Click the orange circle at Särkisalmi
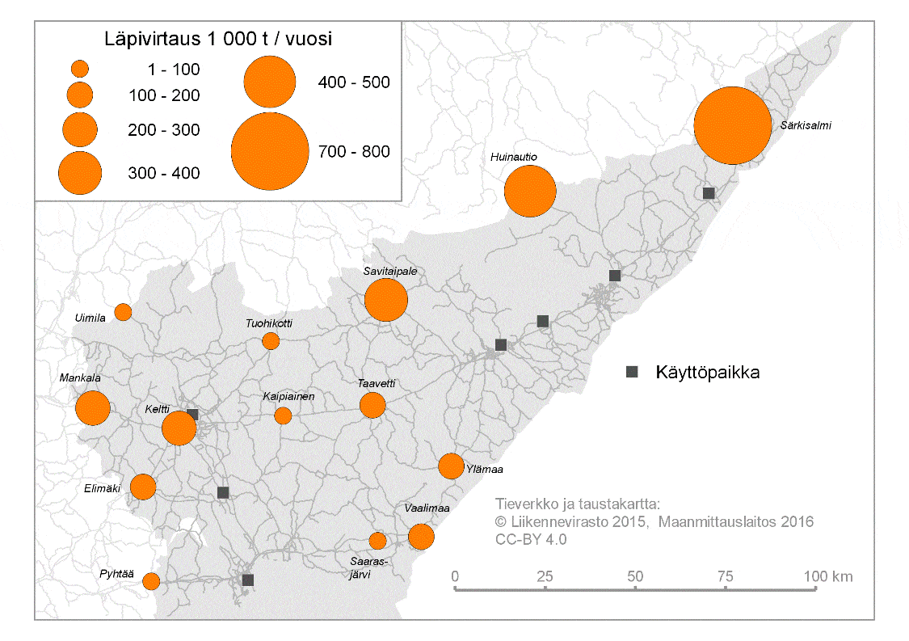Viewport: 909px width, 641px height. click(x=733, y=125)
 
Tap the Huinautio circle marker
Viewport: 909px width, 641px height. click(x=530, y=192)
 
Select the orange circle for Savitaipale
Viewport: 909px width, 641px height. click(x=386, y=300)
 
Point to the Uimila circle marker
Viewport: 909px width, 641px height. click(x=123, y=312)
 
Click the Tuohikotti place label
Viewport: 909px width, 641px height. click(x=269, y=323)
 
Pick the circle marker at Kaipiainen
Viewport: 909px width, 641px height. click(x=283, y=415)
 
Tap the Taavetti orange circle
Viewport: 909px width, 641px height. click(x=372, y=405)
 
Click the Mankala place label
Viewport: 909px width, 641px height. click(x=79, y=377)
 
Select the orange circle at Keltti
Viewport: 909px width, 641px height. click(x=179, y=428)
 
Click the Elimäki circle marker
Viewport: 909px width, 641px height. click(x=143, y=487)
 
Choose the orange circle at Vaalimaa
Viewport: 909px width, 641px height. click(x=421, y=536)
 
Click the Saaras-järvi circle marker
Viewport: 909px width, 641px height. click(x=377, y=541)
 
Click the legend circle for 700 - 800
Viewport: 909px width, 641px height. click(x=270, y=151)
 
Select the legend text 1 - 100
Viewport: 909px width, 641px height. click(x=174, y=70)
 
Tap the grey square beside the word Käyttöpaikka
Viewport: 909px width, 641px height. click(x=633, y=372)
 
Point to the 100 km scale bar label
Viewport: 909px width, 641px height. click(x=828, y=576)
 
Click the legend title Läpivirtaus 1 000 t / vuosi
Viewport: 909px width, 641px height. click(x=220, y=38)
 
